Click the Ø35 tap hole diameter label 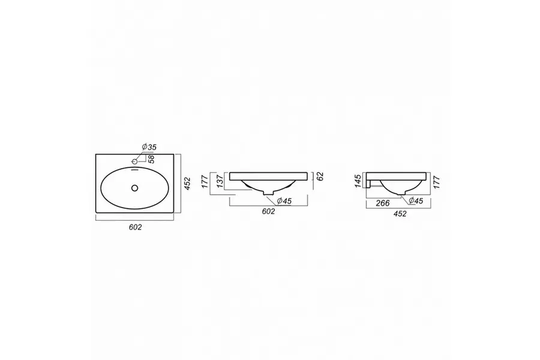[149, 147]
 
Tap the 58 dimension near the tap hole [151, 159]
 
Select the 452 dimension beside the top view [187, 184]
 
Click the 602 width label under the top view [135, 227]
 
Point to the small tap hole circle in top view [134, 161]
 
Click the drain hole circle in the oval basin [134, 188]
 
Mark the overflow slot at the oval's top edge [134, 169]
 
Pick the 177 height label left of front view [205, 182]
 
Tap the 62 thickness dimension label [320, 176]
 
